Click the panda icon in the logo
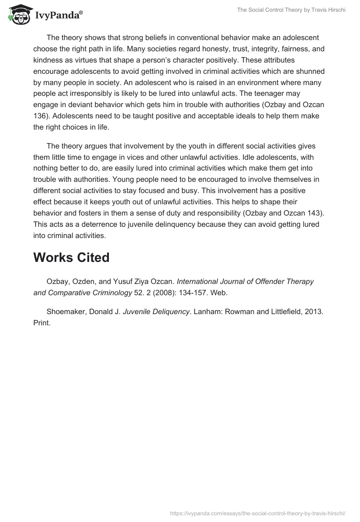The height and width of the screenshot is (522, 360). (18, 15)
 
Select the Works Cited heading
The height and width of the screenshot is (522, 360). (71, 257)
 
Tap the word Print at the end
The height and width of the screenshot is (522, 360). (42, 322)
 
